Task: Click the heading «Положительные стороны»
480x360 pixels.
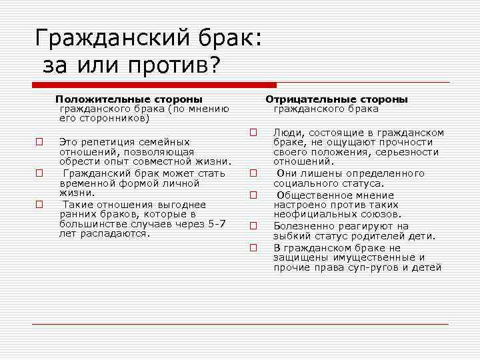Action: tap(129, 99)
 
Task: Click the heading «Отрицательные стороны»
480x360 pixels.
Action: tap(337, 99)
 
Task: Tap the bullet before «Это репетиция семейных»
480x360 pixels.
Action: tap(39, 142)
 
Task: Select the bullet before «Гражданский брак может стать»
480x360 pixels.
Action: tap(39, 173)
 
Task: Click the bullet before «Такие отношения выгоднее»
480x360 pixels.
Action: tap(39, 205)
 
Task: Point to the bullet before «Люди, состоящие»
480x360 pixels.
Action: tap(253, 132)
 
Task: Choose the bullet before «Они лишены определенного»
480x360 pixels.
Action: tap(253, 173)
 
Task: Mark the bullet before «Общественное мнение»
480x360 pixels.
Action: tap(253, 195)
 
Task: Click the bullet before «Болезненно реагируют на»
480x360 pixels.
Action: tap(253, 226)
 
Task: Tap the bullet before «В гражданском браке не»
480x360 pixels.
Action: tap(253, 247)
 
